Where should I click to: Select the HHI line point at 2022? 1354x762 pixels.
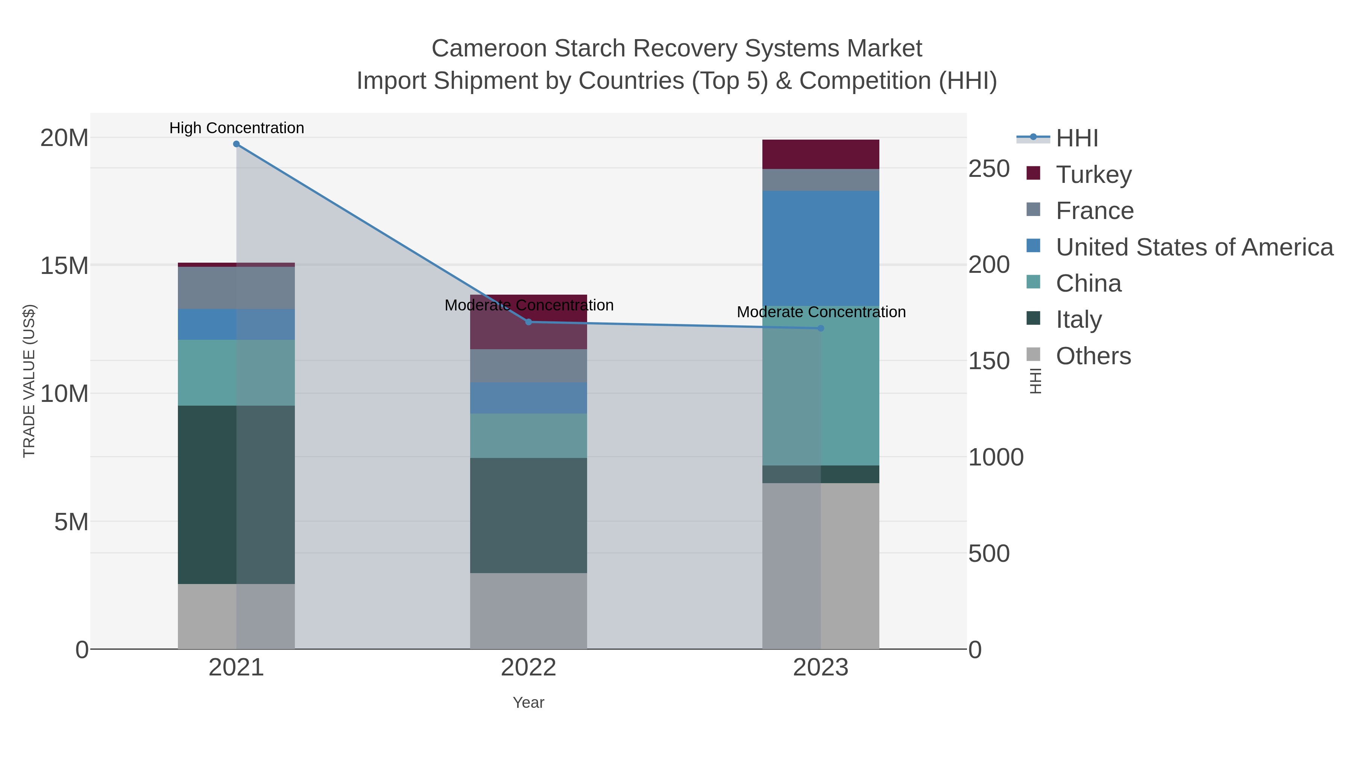(x=529, y=322)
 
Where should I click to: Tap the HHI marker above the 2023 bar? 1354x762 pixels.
(x=821, y=328)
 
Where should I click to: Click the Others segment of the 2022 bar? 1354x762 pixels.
(x=528, y=611)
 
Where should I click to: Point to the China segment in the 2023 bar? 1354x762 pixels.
(x=821, y=385)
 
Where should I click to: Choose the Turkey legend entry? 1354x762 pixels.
(x=1094, y=174)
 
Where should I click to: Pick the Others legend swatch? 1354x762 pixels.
(x=1034, y=355)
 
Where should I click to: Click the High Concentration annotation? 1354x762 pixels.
(x=237, y=128)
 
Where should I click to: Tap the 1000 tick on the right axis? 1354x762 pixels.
(x=996, y=457)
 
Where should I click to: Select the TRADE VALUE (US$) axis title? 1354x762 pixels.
(x=29, y=381)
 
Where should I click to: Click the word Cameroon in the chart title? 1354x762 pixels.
(x=489, y=49)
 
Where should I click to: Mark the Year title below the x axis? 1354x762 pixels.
(x=528, y=703)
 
